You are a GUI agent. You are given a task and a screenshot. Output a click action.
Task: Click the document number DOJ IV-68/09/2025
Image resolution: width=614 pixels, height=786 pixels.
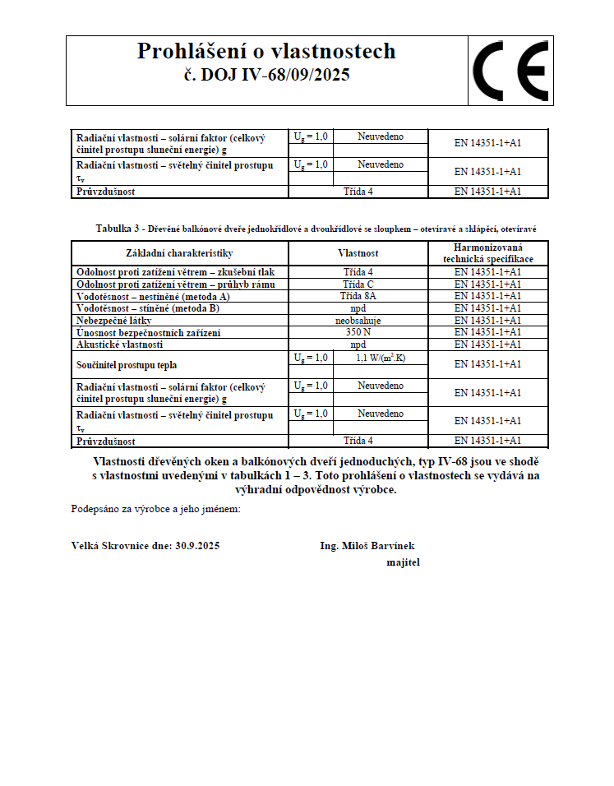[x=266, y=76]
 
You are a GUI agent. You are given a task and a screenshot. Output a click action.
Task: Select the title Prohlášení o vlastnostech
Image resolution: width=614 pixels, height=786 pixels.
[x=266, y=51]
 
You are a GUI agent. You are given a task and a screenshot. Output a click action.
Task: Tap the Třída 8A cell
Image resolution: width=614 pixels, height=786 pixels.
[x=358, y=296]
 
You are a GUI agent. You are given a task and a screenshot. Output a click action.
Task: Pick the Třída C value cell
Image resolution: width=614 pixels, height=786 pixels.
[x=358, y=284]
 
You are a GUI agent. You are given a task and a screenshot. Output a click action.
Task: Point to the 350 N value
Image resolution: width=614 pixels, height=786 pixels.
[x=358, y=332]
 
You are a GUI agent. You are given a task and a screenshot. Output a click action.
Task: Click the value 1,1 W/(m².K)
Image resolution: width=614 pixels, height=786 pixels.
[x=380, y=358]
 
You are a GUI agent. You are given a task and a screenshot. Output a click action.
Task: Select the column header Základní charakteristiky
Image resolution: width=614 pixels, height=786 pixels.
[x=180, y=253]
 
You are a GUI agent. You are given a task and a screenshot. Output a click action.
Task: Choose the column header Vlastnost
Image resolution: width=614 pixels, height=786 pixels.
[x=358, y=253]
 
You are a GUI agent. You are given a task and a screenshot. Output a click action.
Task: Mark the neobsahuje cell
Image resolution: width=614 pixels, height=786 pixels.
[x=358, y=321]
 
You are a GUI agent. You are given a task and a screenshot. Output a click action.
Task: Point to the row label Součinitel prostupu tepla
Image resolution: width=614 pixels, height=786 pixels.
[x=127, y=364]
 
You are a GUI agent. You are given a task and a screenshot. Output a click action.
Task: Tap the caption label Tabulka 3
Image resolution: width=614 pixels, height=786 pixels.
[x=119, y=228]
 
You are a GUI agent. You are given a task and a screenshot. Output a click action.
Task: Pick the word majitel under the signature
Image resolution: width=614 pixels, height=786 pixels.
[x=403, y=562]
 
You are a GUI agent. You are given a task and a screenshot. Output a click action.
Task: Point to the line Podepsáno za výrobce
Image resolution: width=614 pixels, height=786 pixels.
[x=155, y=510]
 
